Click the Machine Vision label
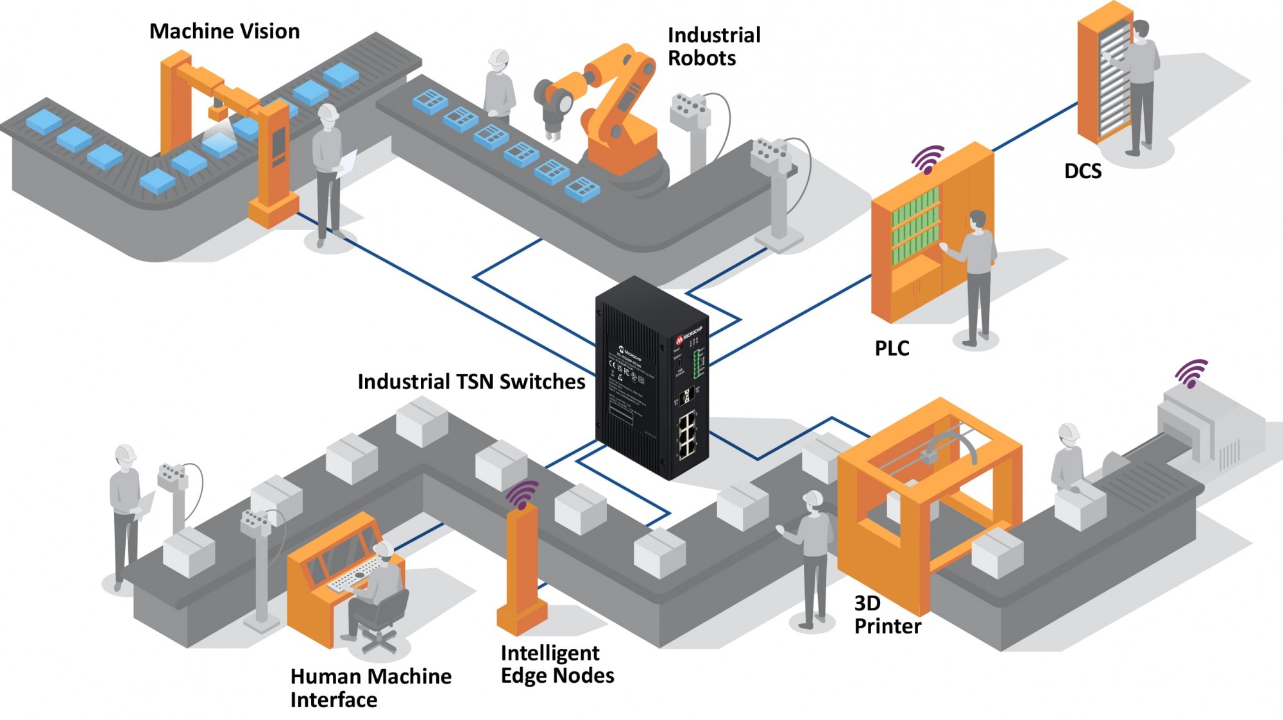(224, 31)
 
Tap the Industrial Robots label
(713, 46)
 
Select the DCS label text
(1083, 171)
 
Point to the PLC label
(892, 348)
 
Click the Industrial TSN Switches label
(471, 381)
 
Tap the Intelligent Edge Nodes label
(557, 664)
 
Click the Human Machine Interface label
(370, 688)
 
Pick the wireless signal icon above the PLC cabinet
(928, 158)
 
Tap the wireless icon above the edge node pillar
(522, 494)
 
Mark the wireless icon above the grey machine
(1191, 373)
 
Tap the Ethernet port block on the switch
(688, 435)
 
